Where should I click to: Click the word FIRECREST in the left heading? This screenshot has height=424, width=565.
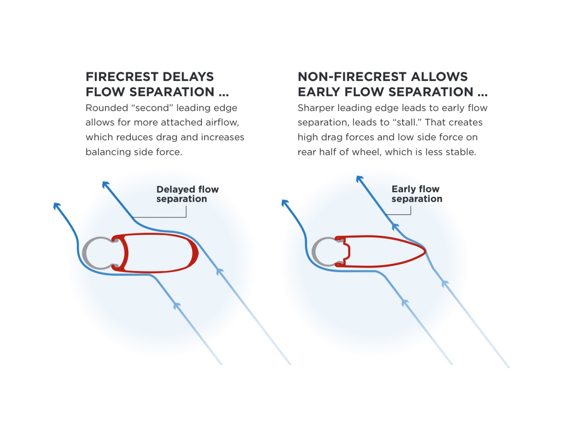click(x=122, y=77)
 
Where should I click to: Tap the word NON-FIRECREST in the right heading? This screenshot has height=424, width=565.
click(x=351, y=77)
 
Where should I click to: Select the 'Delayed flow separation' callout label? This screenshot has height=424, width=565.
click(x=187, y=194)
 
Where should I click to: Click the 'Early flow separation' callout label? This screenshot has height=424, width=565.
click(x=417, y=194)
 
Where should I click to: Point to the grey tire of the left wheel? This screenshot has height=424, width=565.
click(x=84, y=253)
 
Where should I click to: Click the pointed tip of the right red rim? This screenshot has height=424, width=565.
click(x=426, y=251)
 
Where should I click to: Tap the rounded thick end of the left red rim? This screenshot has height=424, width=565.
click(x=195, y=253)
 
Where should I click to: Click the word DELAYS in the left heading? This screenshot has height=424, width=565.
click(x=188, y=77)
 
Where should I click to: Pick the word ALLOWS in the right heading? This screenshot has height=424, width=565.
click(x=439, y=77)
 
